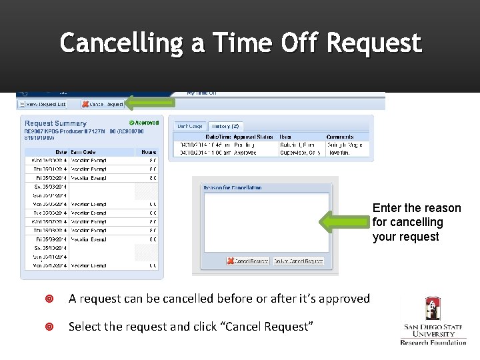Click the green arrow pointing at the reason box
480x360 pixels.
[345, 222]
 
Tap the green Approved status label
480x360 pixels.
[144, 123]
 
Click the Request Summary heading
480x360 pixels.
[55, 123]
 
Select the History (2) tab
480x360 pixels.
[225, 126]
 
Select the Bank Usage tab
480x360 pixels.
[190, 126]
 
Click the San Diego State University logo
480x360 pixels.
[433, 320]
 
